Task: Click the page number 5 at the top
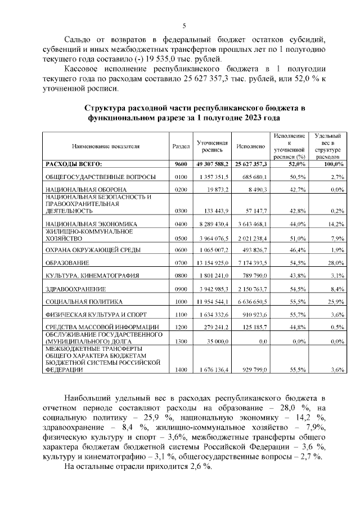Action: pyautogui.click(x=184, y=25)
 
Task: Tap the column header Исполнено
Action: pyautogui.click(x=251, y=146)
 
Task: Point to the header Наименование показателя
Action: pyautogui.click(x=105, y=146)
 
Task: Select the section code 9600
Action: pyautogui.click(x=180, y=164)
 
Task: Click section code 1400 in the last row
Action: pyautogui.click(x=180, y=370)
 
